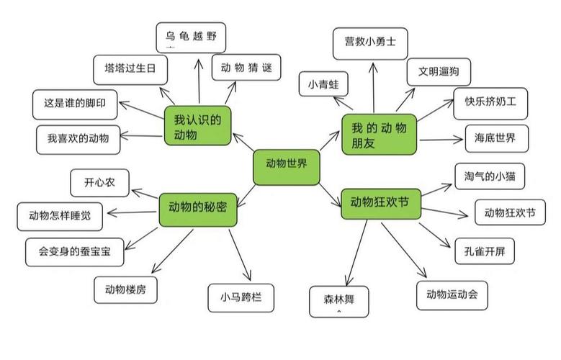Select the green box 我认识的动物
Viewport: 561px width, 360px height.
[x=197, y=125]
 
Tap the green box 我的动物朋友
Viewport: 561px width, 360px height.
[x=379, y=135]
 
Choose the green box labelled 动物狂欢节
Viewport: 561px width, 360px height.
[x=379, y=202]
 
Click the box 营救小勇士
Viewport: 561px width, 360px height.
[x=370, y=42]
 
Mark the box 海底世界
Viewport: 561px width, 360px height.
[x=495, y=138]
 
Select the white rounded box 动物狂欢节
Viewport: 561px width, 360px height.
[x=510, y=212]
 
